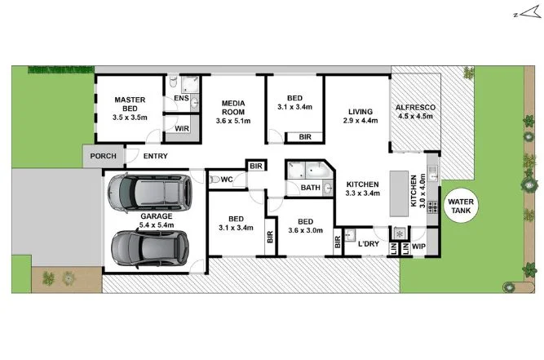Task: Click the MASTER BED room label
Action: (x=130, y=100)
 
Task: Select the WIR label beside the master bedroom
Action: (x=182, y=128)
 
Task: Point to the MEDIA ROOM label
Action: (x=233, y=104)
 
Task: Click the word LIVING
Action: (x=360, y=112)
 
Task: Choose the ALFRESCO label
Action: (x=415, y=108)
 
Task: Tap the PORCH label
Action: (x=103, y=156)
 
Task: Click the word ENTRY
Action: (x=157, y=156)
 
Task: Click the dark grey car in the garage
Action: (x=148, y=247)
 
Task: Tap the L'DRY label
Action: (x=369, y=244)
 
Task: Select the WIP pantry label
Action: (x=419, y=244)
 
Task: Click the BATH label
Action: (x=310, y=188)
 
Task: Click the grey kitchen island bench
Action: (x=397, y=193)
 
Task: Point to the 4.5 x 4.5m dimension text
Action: (x=415, y=116)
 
